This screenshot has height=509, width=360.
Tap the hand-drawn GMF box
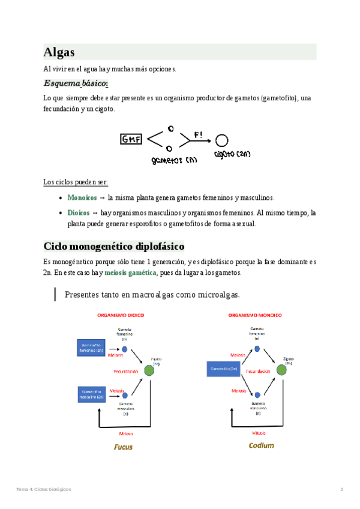[131, 139]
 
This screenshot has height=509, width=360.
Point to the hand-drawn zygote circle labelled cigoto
[221, 140]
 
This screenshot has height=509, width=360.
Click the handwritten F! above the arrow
[199, 133]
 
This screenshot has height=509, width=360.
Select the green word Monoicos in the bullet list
[82, 197]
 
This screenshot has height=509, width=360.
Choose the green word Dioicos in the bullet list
[79, 212]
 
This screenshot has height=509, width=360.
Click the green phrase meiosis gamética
[130, 273]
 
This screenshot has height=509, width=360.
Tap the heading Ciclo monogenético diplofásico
[114, 247]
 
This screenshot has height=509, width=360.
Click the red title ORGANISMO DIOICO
[121, 315]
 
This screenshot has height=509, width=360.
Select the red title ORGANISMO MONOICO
[256, 315]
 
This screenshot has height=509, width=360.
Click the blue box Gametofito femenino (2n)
[91, 347]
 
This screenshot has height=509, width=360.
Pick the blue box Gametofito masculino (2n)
[91, 394]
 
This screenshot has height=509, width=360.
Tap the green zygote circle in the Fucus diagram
[148, 371]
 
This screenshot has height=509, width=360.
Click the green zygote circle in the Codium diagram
[281, 371]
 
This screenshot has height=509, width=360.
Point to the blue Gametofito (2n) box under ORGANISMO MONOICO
[225, 370]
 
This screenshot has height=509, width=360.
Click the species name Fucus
[124, 447]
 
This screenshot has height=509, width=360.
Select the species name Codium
[261, 445]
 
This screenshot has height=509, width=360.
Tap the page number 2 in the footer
[342, 490]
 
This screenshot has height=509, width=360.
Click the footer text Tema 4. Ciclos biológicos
[44, 490]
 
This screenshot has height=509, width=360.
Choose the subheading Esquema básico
[76, 83]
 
